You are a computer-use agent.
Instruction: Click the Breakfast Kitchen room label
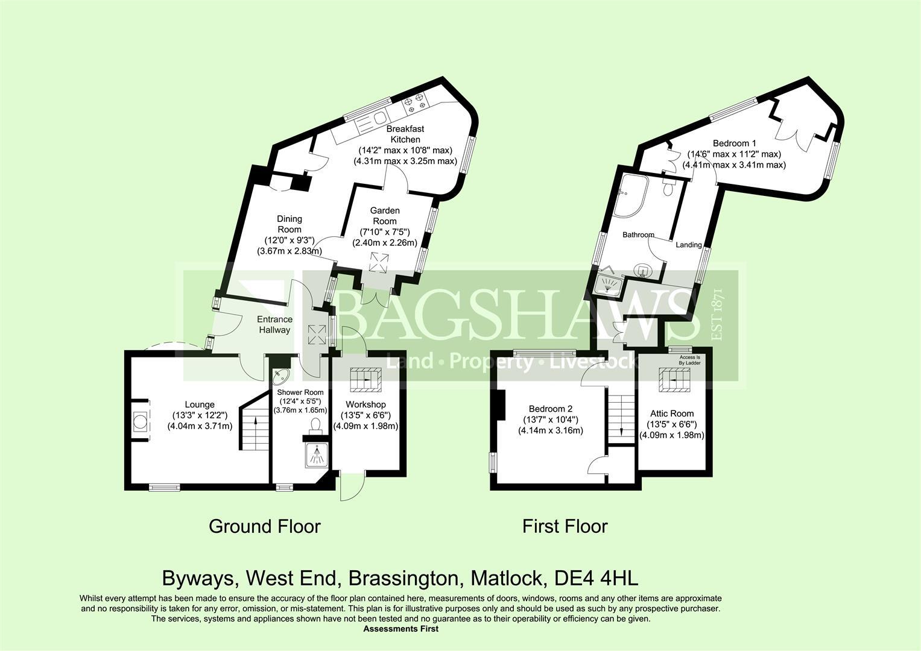405,134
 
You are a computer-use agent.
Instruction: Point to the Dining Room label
290,224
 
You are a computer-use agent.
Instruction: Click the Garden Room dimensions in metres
385,243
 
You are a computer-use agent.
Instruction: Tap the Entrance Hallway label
274,324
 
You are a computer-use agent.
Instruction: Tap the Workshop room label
366,404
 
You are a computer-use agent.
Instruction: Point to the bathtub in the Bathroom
631,196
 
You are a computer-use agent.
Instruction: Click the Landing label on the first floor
689,245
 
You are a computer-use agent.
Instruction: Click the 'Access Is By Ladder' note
689,360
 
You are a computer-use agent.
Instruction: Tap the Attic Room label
672,414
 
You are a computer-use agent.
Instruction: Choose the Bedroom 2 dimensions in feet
550,420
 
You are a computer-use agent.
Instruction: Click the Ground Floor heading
265,526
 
